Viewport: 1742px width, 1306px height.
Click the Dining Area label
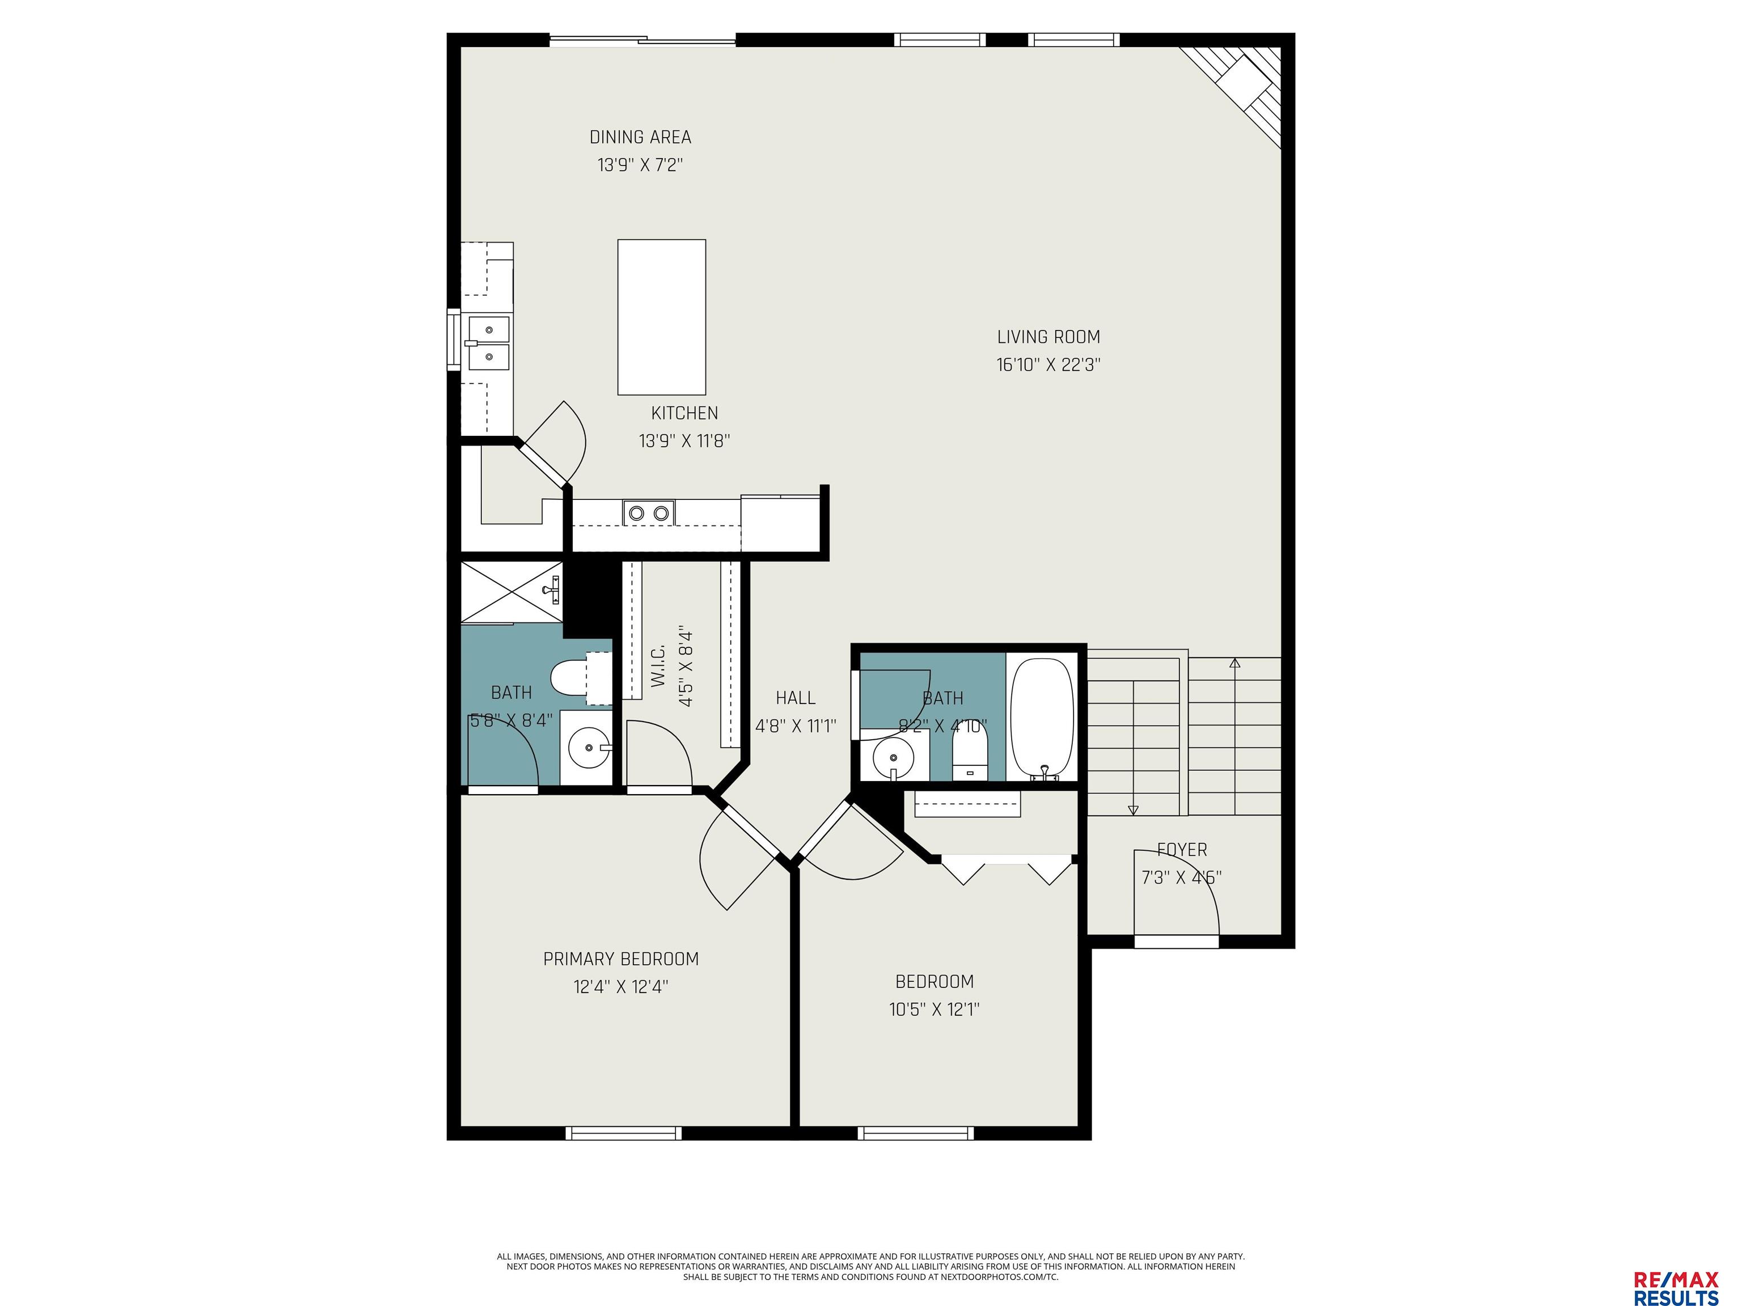point(640,137)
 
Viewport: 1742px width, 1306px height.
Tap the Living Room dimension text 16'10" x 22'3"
point(1048,364)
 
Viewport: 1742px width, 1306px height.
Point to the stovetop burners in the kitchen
point(649,513)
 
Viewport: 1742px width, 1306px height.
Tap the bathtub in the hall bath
point(1042,718)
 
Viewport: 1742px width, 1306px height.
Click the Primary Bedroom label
point(620,959)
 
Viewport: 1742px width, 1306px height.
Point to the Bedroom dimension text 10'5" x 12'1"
point(934,1009)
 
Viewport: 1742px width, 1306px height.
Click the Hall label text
point(796,697)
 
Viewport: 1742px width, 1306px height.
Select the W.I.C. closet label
point(659,665)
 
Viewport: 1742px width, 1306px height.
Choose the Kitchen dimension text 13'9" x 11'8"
point(684,441)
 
